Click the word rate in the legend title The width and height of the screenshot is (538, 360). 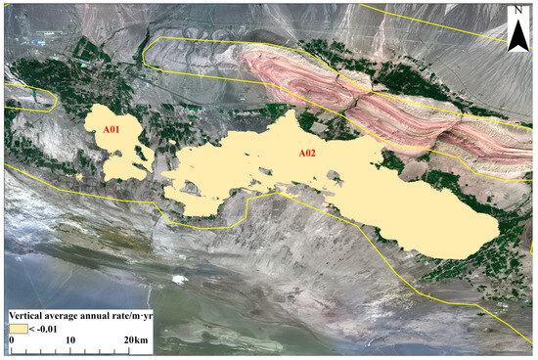(x=121, y=315)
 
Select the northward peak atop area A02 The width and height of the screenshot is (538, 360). (x=290, y=115)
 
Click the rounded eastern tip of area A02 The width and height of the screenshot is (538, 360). (x=494, y=233)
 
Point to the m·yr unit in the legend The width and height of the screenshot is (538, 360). (x=143, y=315)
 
